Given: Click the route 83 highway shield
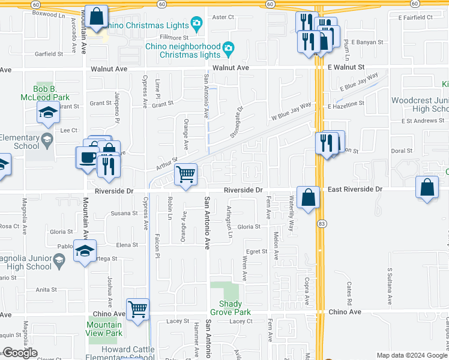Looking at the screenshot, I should tap(322, 223).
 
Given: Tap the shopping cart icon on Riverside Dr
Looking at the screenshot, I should tap(186, 175).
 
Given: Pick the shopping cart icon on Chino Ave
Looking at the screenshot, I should tap(138, 310).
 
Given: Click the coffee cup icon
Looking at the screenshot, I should tap(88, 157).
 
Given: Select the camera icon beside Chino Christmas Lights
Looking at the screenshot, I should tap(196, 24).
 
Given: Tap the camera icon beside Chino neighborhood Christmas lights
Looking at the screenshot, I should tap(228, 48).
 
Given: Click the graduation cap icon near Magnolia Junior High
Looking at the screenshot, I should tap(85, 250).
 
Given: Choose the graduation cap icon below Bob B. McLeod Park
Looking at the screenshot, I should tap(47, 113).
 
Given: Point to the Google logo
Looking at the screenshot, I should tap(20, 353).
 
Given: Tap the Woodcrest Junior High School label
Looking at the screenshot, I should tap(420, 105).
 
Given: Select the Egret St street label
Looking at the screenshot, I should tap(256, 251).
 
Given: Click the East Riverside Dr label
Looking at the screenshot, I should tap(355, 189).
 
